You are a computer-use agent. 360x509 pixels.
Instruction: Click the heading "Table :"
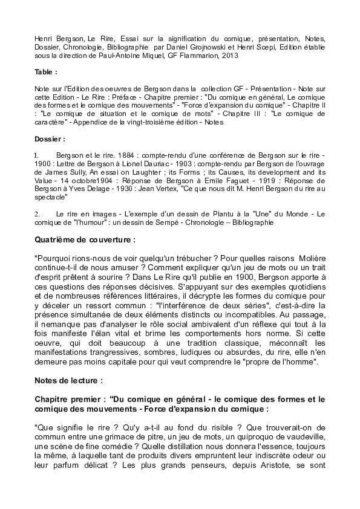tap(47, 71)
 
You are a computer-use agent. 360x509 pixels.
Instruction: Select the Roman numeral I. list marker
tap(37, 155)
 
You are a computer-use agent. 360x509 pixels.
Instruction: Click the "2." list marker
tap(38, 214)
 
